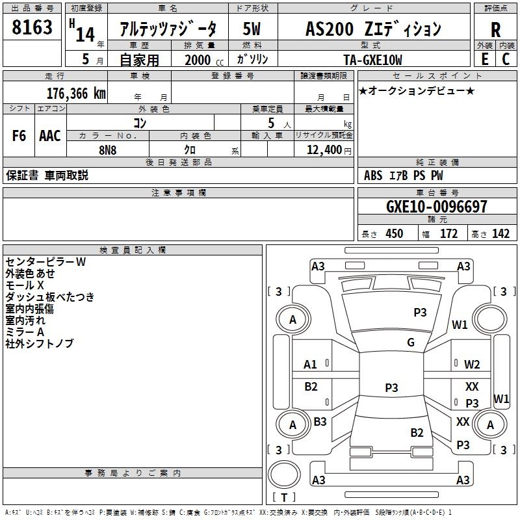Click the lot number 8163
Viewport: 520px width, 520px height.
click(32, 27)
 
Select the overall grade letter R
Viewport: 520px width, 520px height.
click(495, 29)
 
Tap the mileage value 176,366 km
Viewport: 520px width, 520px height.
click(76, 93)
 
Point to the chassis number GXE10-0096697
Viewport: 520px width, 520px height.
click(436, 207)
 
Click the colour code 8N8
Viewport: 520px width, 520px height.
click(108, 149)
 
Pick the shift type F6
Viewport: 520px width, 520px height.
click(19, 136)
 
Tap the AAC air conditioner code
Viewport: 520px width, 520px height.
click(50, 136)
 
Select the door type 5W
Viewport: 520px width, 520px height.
click(252, 29)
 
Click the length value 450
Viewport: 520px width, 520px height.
click(394, 234)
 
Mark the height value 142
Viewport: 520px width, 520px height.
click(500, 234)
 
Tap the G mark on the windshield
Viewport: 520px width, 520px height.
click(411, 343)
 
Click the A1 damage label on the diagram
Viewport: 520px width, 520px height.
click(311, 365)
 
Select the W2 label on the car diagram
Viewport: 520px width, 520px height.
click(472, 365)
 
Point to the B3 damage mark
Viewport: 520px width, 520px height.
click(320, 421)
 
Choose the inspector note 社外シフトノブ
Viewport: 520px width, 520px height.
click(40, 343)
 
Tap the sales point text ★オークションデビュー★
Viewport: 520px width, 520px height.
click(417, 90)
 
